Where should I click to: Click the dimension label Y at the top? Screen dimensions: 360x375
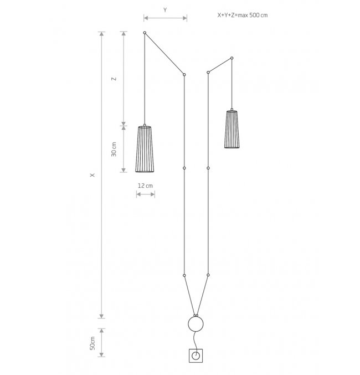pos(165,10)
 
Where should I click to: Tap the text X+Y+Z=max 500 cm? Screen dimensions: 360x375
pos(243,15)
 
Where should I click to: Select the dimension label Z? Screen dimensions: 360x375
pos(114,79)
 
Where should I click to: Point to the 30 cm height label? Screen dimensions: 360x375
pos(114,149)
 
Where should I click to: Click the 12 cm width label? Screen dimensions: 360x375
pos(145,186)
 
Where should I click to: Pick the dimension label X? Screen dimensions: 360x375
pos(92,175)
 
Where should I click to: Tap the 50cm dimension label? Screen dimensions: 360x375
pos(92,343)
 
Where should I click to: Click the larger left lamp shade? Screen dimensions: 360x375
pos(145,148)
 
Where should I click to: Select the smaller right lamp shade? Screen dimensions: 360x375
pos(232,129)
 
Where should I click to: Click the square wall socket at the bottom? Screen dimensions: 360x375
pos(196,356)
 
